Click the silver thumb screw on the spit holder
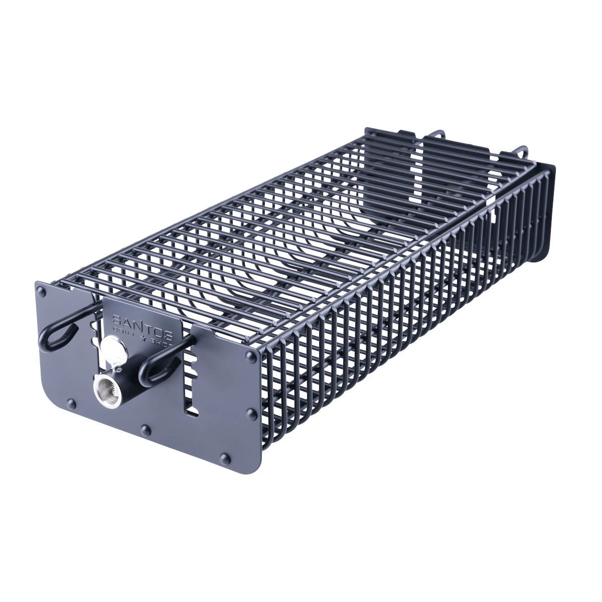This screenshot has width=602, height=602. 110,346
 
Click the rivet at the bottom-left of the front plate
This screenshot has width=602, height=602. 71,402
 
